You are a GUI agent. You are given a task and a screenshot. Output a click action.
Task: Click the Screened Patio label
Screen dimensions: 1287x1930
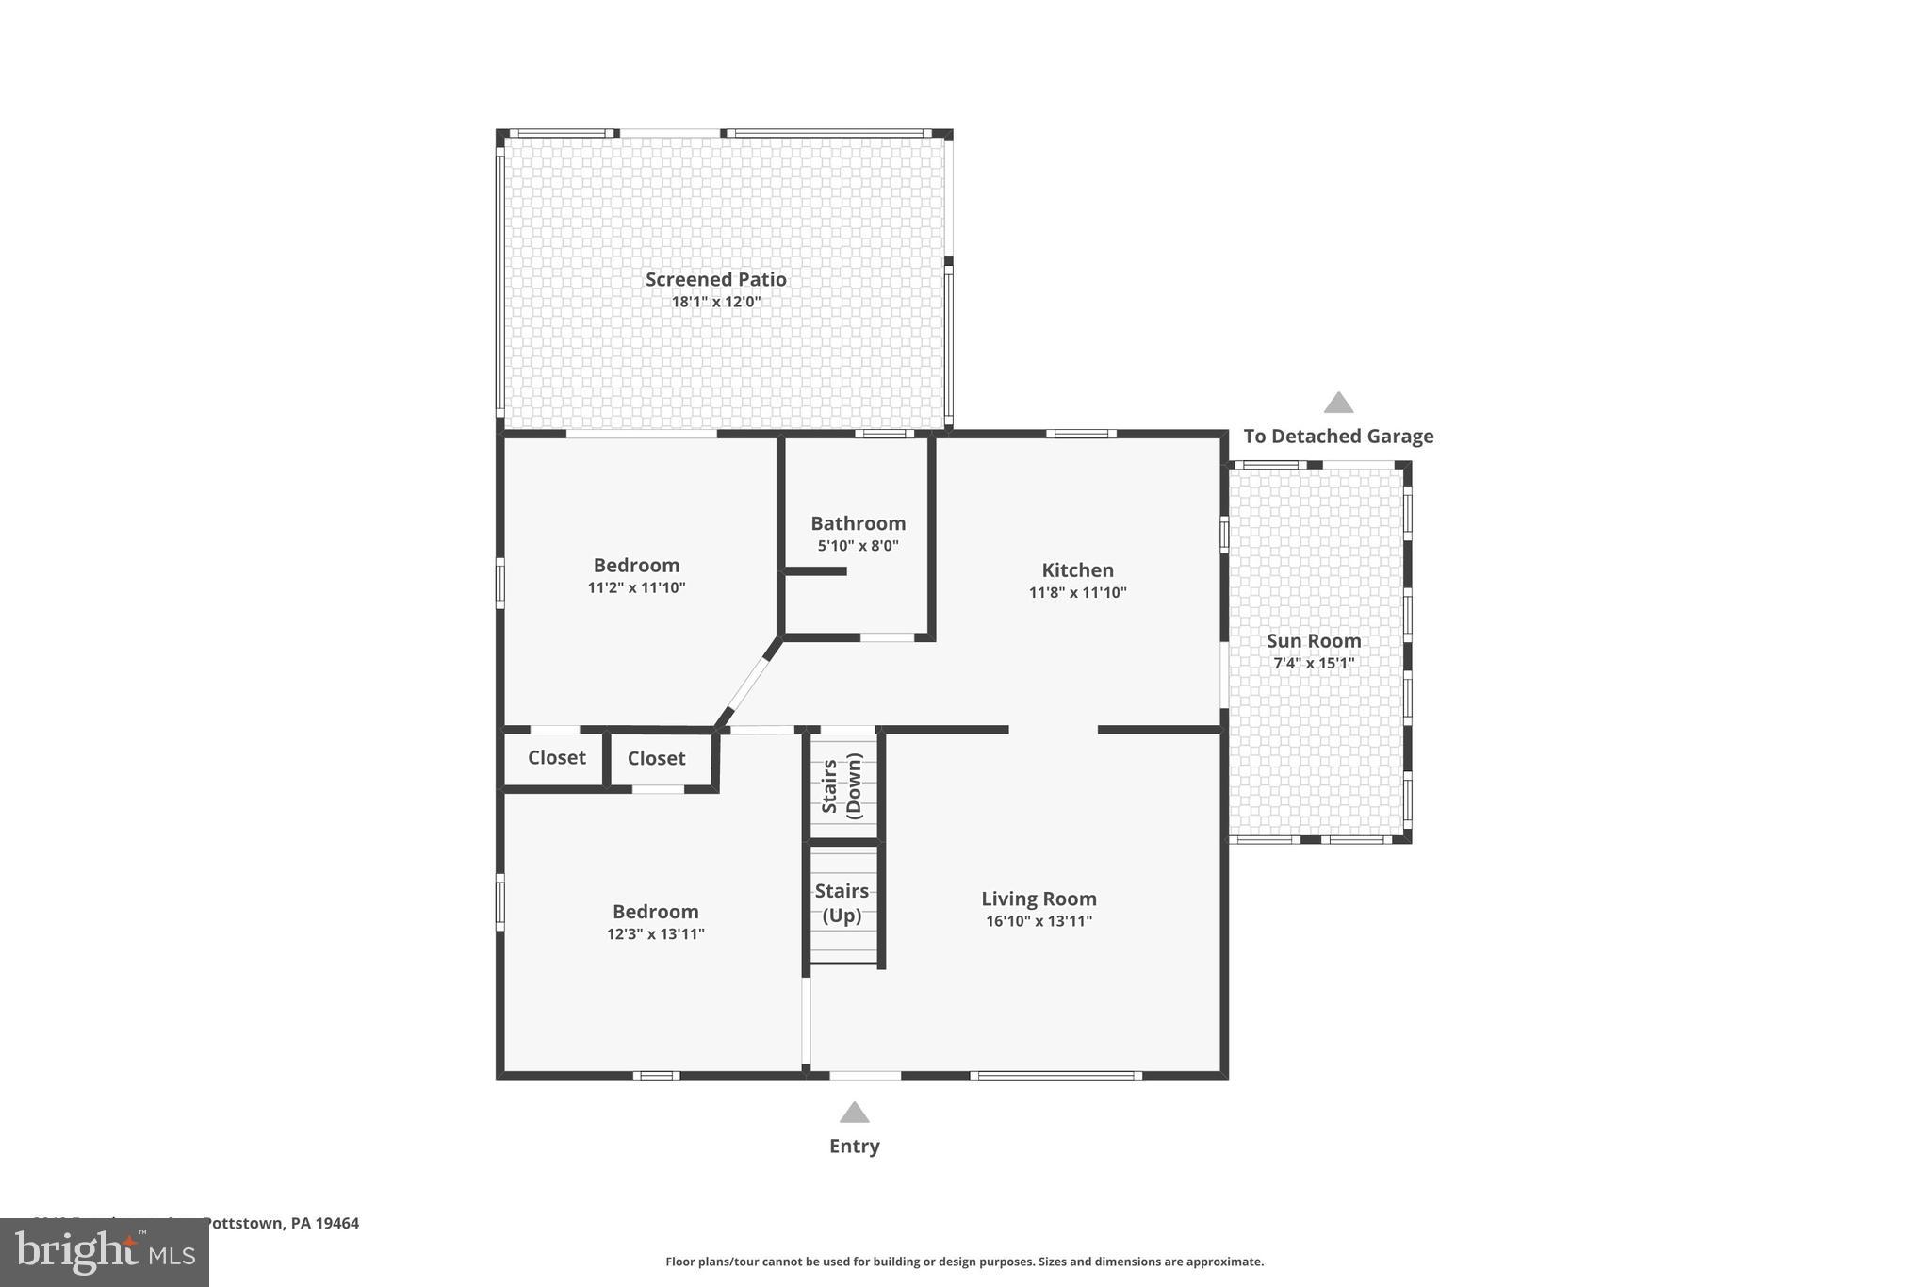(x=715, y=279)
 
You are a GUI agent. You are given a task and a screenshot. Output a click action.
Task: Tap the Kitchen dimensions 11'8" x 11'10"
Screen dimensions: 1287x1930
(x=1077, y=593)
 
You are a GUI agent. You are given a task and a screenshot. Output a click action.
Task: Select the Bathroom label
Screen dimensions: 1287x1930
(x=858, y=523)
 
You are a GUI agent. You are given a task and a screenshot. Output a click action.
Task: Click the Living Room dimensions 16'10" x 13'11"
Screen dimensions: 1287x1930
(x=1039, y=921)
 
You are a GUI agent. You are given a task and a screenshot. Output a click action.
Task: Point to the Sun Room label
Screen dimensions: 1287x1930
(x=1313, y=641)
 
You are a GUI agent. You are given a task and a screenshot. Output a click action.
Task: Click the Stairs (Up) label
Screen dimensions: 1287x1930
(x=842, y=902)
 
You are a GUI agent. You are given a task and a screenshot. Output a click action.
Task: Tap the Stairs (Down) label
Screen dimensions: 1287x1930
(x=842, y=785)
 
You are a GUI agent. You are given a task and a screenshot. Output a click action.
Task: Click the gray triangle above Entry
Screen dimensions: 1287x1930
(x=854, y=1113)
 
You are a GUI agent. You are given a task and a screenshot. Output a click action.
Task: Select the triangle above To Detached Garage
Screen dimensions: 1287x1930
(x=1338, y=404)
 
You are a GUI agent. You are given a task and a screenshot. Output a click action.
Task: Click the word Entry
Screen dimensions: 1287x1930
(x=854, y=1147)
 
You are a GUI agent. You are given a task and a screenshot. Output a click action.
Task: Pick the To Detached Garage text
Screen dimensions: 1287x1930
(x=1338, y=437)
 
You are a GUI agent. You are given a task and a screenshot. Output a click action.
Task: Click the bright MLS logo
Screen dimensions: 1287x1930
(x=104, y=1252)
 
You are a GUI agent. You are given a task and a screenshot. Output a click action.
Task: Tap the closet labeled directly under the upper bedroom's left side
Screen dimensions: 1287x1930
(x=556, y=758)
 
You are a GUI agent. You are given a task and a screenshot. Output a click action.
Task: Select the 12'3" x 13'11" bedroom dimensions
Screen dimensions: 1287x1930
(x=655, y=934)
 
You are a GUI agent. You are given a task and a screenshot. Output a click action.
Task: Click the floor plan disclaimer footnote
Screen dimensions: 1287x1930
(x=964, y=1262)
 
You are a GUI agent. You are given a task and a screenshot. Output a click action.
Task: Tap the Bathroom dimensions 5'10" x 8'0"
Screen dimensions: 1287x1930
(x=858, y=546)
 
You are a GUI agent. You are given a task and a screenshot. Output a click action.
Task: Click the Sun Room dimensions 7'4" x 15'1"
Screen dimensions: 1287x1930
(x=1313, y=664)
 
